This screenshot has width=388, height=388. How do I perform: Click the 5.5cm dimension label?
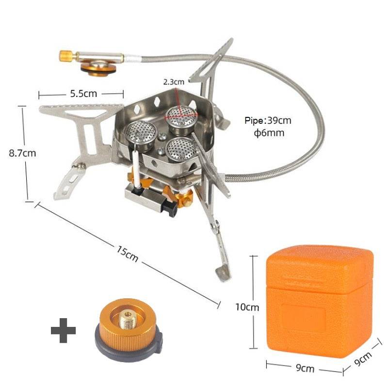pyautogui.click(x=82, y=94)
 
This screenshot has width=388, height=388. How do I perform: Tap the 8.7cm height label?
pyautogui.click(x=22, y=153)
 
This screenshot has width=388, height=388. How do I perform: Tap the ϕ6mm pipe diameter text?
pyautogui.click(x=269, y=133)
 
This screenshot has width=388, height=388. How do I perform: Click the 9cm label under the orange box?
pyautogui.click(x=304, y=369)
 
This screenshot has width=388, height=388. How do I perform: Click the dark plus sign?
pyautogui.click(x=64, y=331)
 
